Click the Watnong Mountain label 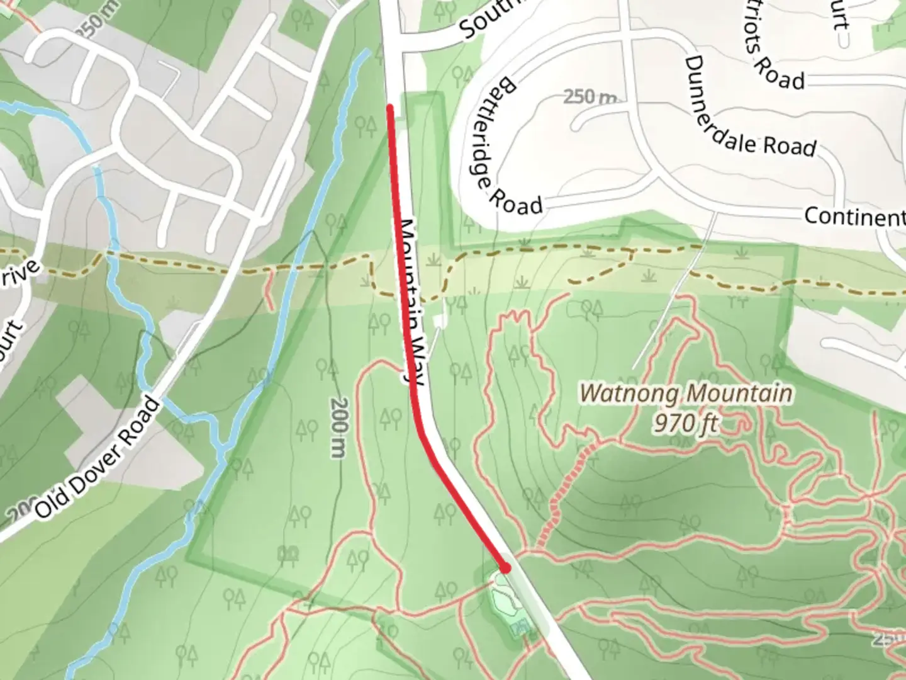pos(685,394)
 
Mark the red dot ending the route pos(505,568)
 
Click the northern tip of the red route pos(390,108)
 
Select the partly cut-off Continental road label pos(854,217)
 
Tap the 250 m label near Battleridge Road pos(589,97)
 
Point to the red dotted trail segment pos(566,491)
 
